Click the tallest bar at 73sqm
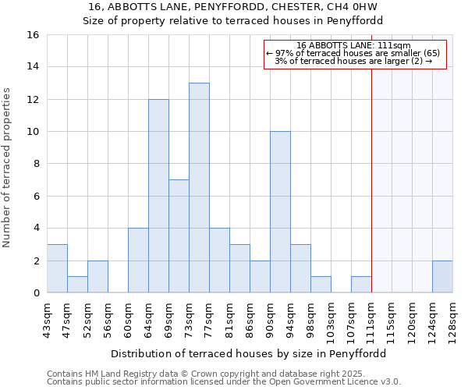199,188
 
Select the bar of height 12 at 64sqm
158,196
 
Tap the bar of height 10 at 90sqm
280,212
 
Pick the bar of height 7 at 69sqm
179,236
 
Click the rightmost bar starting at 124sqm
442,277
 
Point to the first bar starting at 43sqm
57,268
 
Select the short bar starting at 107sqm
361,285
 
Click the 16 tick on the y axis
33,35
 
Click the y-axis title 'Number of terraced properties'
8,168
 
